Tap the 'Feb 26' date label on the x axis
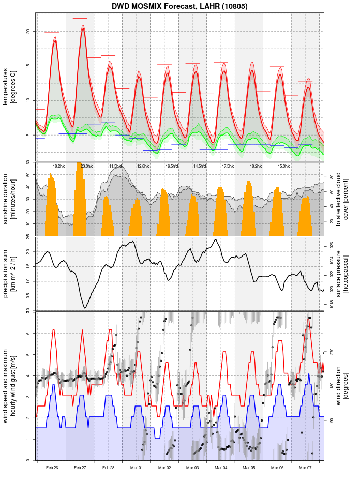pyautogui.click(x=52, y=468)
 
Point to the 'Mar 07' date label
pyautogui.click(x=305, y=468)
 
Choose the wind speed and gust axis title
pyautogui.click(x=9, y=385)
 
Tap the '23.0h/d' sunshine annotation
pyautogui.click(x=87, y=166)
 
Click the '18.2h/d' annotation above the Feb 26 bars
pyautogui.click(x=59, y=166)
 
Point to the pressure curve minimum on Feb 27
pyautogui.click(x=85, y=308)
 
